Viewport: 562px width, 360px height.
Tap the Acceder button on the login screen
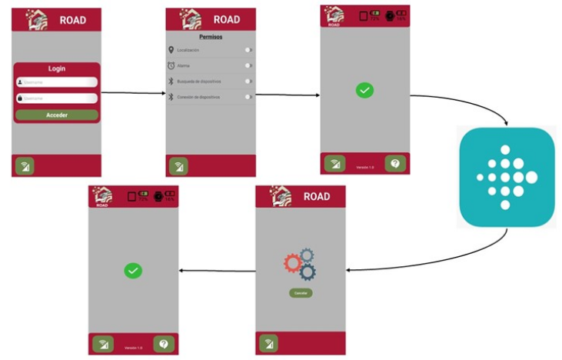(x=57, y=115)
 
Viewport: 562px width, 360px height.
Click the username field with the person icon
(x=57, y=82)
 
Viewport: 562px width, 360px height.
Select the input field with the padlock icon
(x=57, y=98)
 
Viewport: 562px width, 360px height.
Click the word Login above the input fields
(x=57, y=68)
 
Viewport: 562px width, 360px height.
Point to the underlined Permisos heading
(x=210, y=37)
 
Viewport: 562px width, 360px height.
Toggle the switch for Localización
(x=248, y=50)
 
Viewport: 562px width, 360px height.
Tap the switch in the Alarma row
(x=248, y=65)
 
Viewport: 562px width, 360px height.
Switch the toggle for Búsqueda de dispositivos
(x=248, y=81)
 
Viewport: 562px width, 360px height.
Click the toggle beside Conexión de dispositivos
(x=248, y=97)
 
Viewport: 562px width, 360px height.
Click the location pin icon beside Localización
(x=171, y=50)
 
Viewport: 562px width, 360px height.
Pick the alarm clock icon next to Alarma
(x=171, y=65)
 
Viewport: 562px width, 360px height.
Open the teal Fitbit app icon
(x=507, y=177)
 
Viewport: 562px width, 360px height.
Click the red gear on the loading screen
(x=292, y=263)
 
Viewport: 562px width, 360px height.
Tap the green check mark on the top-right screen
(x=364, y=90)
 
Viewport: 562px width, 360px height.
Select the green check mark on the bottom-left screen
(x=133, y=270)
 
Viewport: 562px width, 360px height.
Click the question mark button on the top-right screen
(x=395, y=164)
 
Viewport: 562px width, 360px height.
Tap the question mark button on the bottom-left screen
(x=164, y=344)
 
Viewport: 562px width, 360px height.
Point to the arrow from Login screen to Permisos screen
(x=134, y=94)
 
